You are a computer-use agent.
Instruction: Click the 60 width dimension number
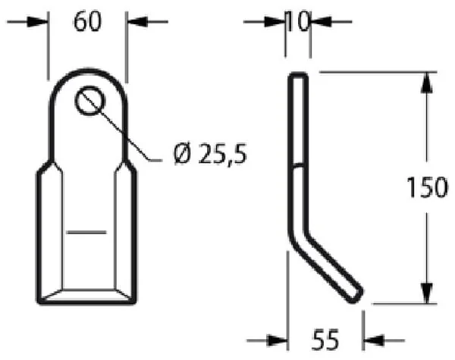point(88,22)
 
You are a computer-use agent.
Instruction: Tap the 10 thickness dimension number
point(298,21)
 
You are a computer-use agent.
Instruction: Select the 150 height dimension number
point(427,187)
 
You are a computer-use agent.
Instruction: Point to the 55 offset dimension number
point(325,340)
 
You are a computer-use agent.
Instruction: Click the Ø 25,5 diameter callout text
point(210,154)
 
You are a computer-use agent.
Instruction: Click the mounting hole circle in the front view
point(90,100)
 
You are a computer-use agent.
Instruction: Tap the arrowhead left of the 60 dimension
point(37,22)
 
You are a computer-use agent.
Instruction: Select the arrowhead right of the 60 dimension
point(137,22)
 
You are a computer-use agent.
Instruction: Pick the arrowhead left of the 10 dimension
point(275,22)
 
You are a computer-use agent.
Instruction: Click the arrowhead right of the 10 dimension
point(322,22)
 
